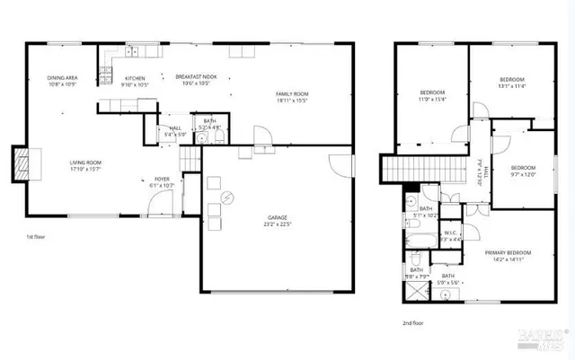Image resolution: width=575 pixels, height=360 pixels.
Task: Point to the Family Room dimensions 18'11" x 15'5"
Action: click(291, 101)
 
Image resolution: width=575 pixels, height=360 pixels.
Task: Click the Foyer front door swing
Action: click(158, 205)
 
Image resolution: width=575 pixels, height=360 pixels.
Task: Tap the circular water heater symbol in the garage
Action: click(227, 197)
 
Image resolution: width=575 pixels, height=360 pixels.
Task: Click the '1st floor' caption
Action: click(36, 236)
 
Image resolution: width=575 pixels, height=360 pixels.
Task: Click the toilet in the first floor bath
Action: click(206, 140)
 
